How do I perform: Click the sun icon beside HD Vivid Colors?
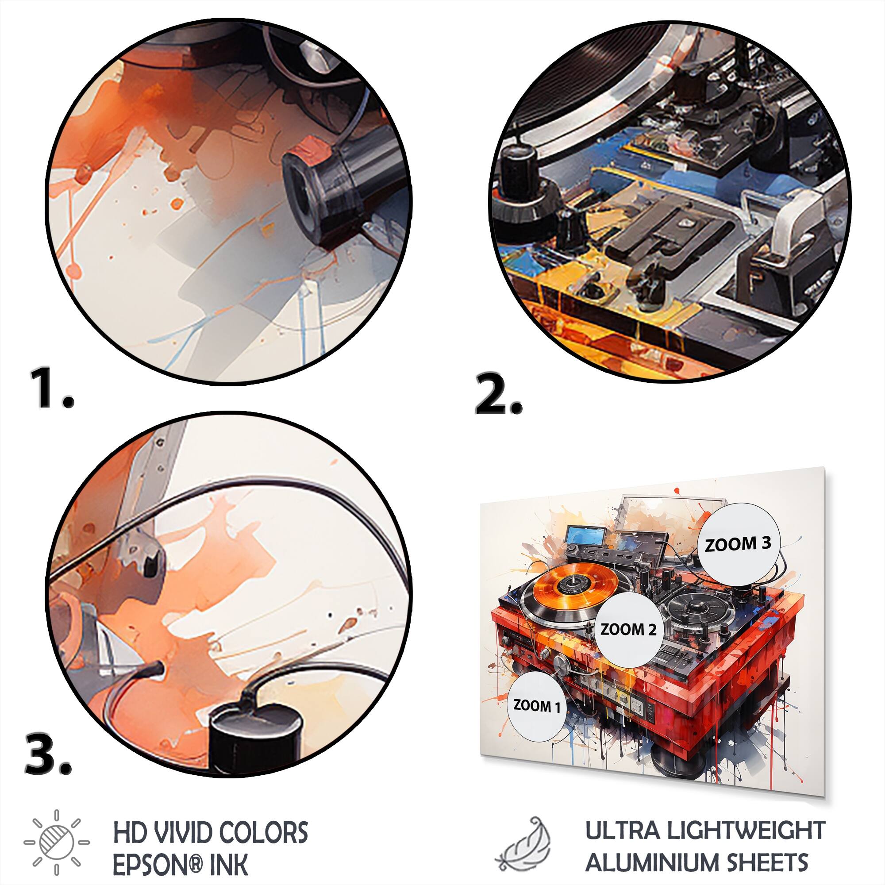coord(56,836)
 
